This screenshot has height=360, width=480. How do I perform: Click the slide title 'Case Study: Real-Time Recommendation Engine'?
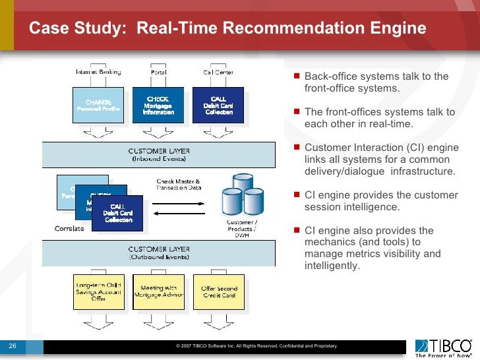pyautogui.click(x=227, y=30)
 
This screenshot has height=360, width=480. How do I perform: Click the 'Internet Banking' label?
pyautogui.click(x=98, y=71)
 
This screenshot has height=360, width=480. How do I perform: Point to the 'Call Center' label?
pyautogui.click(x=216, y=71)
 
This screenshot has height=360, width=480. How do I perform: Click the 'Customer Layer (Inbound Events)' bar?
pyautogui.click(x=158, y=155)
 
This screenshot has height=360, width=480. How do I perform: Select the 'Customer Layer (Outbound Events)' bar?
pyautogui.click(x=158, y=253)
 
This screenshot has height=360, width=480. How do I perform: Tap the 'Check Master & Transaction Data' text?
pyautogui.click(x=177, y=185)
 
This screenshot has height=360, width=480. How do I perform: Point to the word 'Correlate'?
pyautogui.click(x=69, y=228)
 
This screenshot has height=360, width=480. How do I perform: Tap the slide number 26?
pyautogui.click(x=13, y=345)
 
